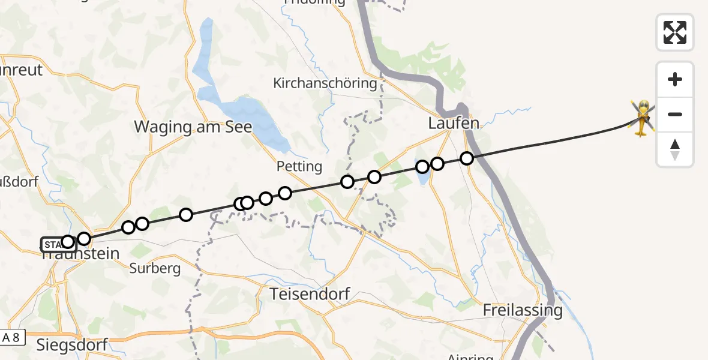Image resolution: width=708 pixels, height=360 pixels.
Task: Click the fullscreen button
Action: pyautogui.click(x=675, y=32)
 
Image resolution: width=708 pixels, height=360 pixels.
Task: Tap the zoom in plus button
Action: pyautogui.click(x=675, y=79)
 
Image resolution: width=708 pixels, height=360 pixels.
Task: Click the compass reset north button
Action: pyautogui.click(x=675, y=149)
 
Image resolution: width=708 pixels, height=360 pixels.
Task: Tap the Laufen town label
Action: pyautogui.click(x=454, y=124)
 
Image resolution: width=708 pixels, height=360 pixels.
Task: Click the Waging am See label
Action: pyautogui.click(x=193, y=127)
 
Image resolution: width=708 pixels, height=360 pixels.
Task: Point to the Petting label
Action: pyautogui.click(x=299, y=166)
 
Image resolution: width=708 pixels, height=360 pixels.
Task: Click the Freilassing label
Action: pyautogui.click(x=523, y=310)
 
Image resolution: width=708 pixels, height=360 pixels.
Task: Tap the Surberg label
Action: pyautogui.click(x=155, y=268)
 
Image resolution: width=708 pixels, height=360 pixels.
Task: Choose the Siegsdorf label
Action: pyautogui.click(x=71, y=344)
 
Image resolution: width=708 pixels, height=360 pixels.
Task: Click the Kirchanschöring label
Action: pyautogui.click(x=325, y=83)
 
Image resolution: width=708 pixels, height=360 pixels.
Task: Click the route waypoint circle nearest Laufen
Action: pyautogui.click(x=467, y=158)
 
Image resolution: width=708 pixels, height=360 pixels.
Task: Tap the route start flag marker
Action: pyautogui.click(x=51, y=244)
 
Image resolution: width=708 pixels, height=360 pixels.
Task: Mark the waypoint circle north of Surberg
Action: pyautogui.click(x=142, y=224)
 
